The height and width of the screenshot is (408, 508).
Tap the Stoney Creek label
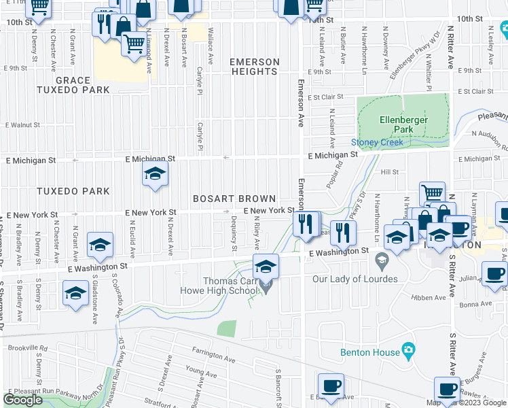click(x=377, y=142)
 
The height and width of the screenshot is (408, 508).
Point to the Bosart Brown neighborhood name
click(x=234, y=199)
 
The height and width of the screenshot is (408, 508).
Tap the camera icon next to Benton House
click(x=407, y=350)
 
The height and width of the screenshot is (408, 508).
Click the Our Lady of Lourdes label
click(x=355, y=279)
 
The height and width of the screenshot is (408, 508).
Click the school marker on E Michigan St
click(x=155, y=175)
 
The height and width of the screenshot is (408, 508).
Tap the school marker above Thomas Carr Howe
click(x=266, y=265)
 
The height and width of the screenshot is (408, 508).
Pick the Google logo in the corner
click(x=23, y=400)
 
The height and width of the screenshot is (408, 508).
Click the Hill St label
click(x=389, y=173)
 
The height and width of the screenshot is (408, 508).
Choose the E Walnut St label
click(x=24, y=125)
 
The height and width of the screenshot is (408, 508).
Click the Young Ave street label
click(x=201, y=371)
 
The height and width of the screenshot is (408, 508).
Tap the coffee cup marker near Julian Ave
click(x=493, y=273)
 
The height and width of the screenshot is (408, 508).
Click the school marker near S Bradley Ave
click(x=75, y=293)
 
